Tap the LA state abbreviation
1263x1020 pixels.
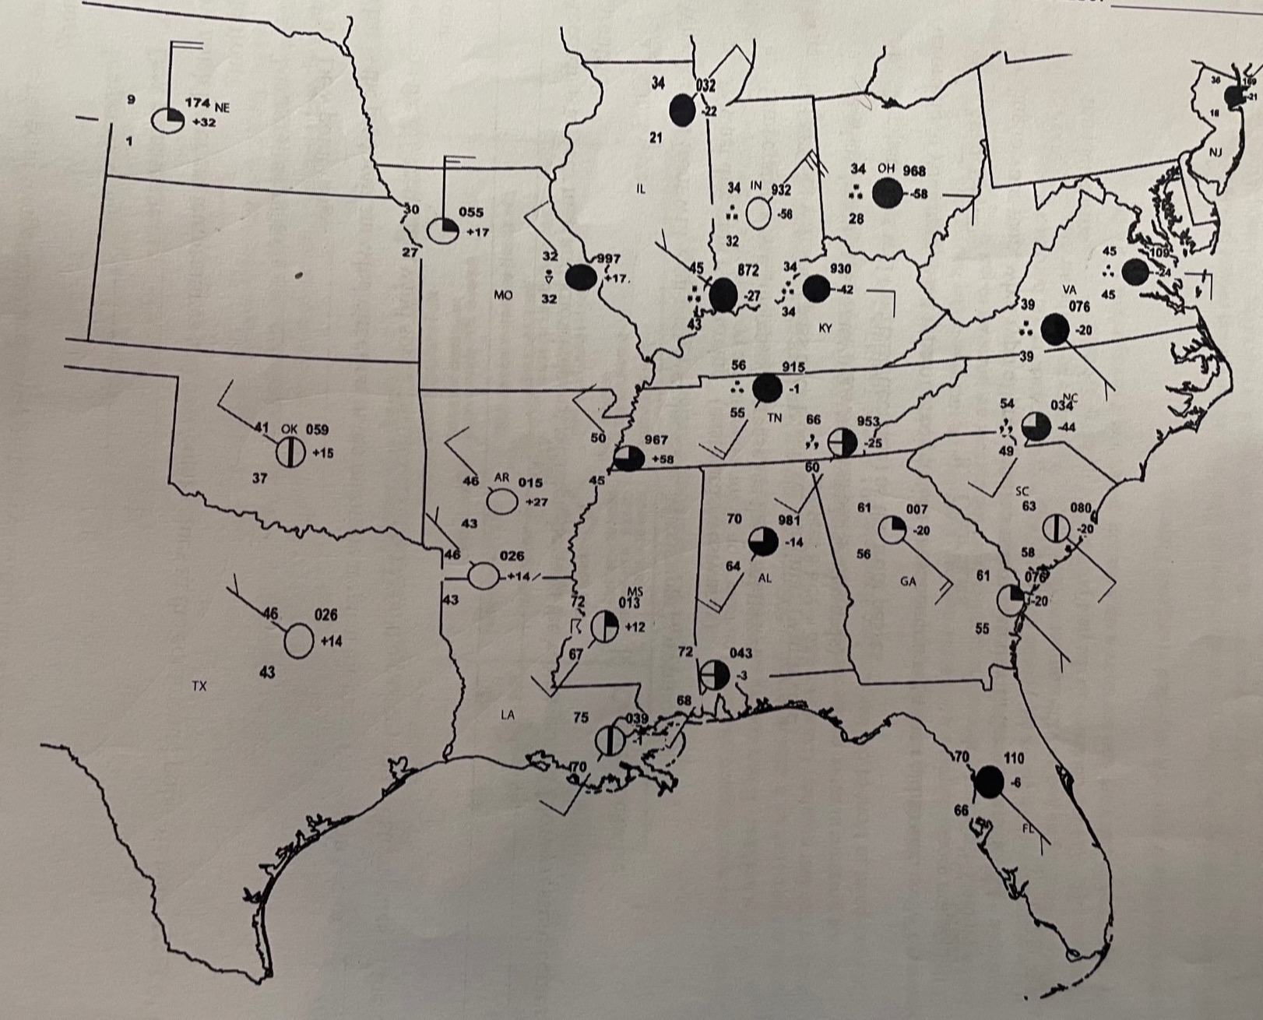tap(507, 716)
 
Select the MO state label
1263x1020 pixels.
tap(503, 295)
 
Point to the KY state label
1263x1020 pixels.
tap(825, 328)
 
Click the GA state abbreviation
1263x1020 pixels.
tap(908, 581)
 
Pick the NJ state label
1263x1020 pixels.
tap(1216, 153)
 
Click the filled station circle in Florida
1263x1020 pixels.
tap(989, 781)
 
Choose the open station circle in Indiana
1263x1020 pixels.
tap(759, 213)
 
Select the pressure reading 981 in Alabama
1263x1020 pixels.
tap(790, 521)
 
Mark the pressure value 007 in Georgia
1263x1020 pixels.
tap(916, 509)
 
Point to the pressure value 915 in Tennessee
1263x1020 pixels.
tap(793, 367)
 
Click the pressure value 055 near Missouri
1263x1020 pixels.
tap(470, 212)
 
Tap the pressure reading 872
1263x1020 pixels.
tap(748, 270)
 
